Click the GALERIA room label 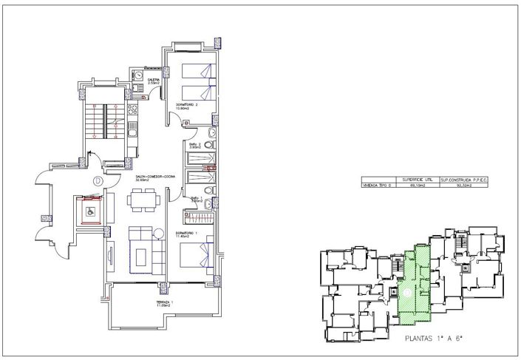[154, 80]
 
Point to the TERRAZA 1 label [163, 304]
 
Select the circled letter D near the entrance [97, 180]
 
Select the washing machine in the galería [138, 75]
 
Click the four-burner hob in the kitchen [134, 112]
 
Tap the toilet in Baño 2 [212, 133]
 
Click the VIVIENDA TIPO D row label [375, 187]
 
